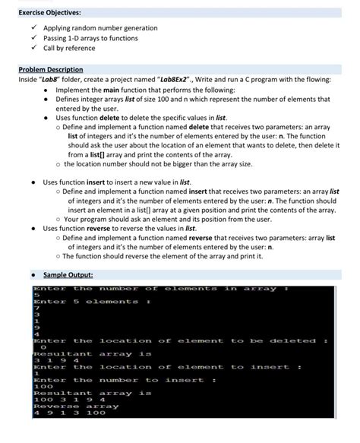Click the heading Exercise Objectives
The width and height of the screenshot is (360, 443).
[x=49, y=12]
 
